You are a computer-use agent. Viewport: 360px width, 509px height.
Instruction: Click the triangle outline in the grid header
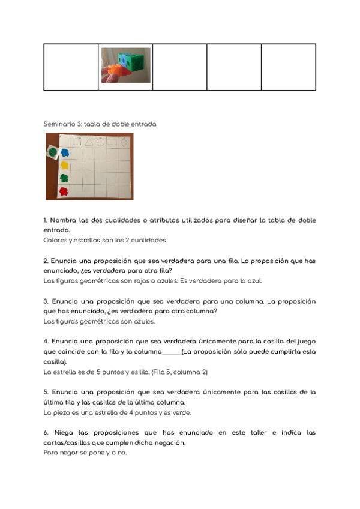[88, 142]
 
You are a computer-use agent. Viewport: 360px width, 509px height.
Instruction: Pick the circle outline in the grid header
[100, 142]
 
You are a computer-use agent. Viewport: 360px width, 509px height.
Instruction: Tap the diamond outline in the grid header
[123, 142]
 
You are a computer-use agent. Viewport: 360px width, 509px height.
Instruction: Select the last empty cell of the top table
[288, 67]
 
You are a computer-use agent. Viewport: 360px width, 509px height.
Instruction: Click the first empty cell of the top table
[71, 67]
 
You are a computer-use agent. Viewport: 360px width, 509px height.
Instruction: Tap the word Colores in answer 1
[55, 240]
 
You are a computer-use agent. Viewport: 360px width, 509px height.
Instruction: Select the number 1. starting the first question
[46, 220]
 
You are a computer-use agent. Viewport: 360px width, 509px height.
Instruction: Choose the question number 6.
[46, 432]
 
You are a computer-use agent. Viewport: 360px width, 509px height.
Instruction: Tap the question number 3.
[46, 301]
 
